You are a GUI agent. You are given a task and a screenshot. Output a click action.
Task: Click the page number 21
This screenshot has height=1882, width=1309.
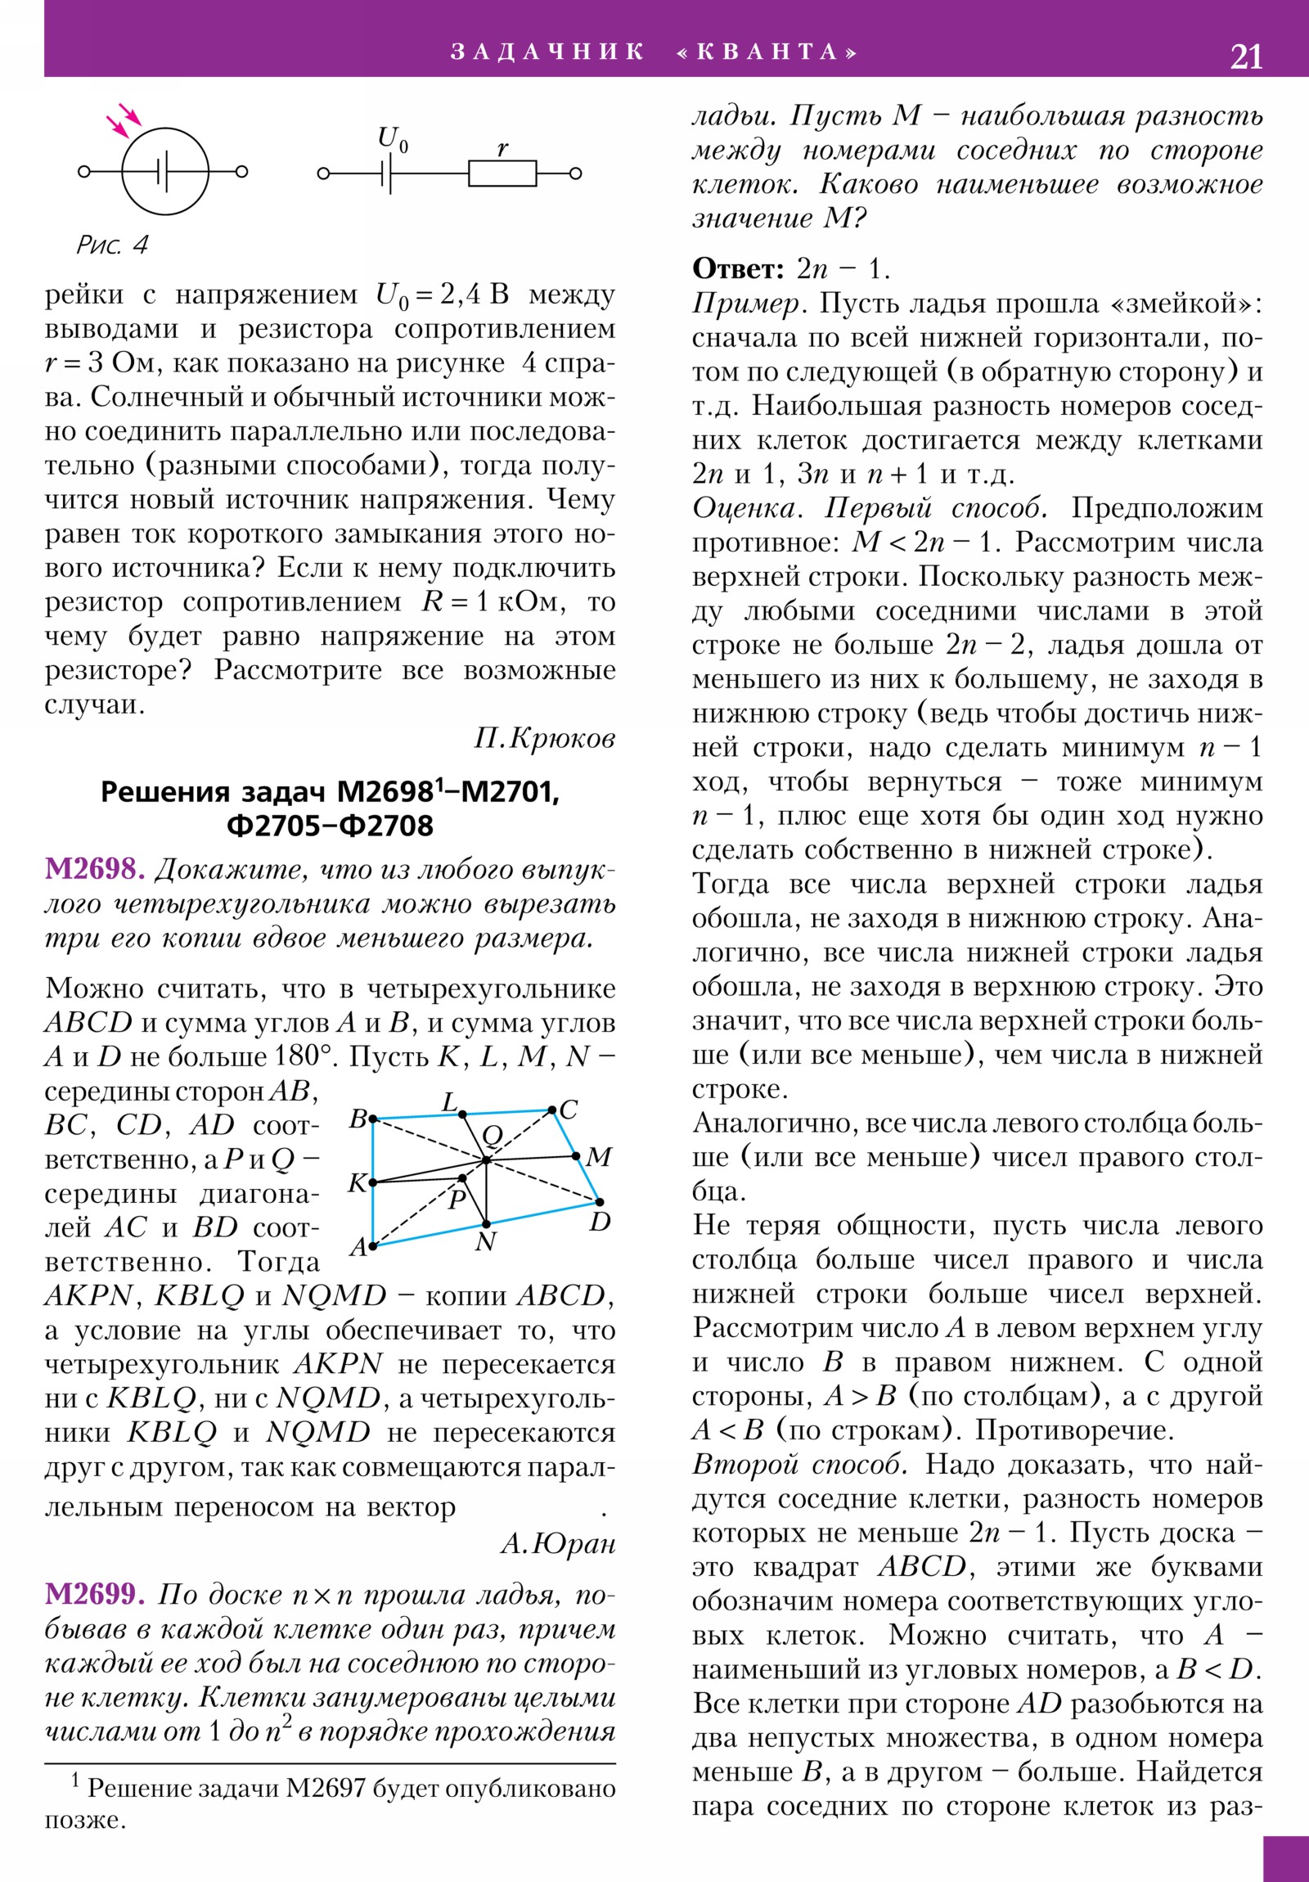(1246, 56)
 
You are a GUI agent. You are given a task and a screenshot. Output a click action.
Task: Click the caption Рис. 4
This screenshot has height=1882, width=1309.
(112, 245)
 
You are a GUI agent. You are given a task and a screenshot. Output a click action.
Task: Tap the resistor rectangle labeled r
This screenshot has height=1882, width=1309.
(502, 173)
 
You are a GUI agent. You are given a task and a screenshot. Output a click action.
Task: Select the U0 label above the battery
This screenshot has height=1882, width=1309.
(393, 138)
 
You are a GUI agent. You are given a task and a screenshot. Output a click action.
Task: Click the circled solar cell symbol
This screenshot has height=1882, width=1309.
(164, 171)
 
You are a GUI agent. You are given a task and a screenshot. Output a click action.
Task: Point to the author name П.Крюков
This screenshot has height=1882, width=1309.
(544, 739)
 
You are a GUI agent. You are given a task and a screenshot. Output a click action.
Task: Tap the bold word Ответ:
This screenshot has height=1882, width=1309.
(739, 268)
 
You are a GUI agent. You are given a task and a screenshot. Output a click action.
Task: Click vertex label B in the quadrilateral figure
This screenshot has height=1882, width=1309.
(358, 1118)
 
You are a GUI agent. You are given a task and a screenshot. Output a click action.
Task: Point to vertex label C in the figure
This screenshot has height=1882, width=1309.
(569, 1110)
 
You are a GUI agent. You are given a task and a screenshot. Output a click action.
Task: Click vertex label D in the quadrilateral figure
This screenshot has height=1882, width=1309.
(600, 1222)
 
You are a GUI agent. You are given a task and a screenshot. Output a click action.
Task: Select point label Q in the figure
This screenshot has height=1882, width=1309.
(492, 1135)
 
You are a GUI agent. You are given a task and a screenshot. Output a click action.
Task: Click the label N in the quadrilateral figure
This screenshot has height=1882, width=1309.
(485, 1243)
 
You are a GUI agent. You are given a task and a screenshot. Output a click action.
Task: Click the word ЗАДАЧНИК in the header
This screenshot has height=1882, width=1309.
(547, 52)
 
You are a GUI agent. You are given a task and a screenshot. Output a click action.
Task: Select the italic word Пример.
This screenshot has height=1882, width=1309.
(746, 304)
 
